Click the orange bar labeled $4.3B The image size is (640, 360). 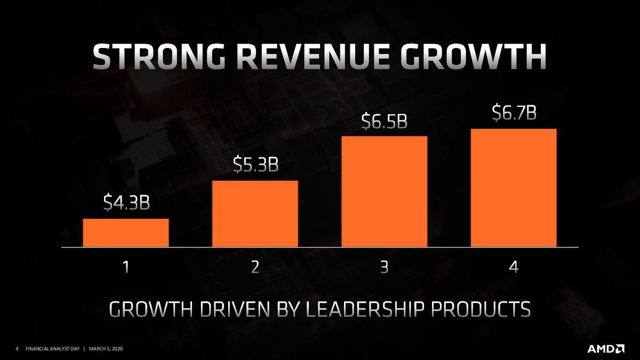(x=126, y=233)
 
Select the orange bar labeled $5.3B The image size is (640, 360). (x=255, y=214)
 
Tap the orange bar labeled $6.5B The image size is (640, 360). (x=385, y=191)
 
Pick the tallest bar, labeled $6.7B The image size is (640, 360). (x=514, y=188)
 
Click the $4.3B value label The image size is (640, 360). (x=126, y=202)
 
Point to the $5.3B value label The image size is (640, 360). (x=255, y=164)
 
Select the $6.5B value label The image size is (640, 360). (x=385, y=121)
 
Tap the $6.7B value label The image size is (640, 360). (x=514, y=113)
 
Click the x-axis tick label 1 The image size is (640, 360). (x=126, y=267)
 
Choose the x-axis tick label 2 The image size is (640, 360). (x=255, y=267)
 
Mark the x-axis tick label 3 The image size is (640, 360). (x=385, y=267)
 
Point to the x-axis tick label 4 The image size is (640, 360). (x=514, y=267)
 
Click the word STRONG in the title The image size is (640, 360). (x=159, y=57)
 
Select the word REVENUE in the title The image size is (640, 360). (x=313, y=57)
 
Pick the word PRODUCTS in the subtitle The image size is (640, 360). (x=481, y=309)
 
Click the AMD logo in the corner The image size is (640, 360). (x=606, y=349)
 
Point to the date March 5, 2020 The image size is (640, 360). (x=106, y=349)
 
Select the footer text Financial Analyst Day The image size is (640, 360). (x=52, y=349)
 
